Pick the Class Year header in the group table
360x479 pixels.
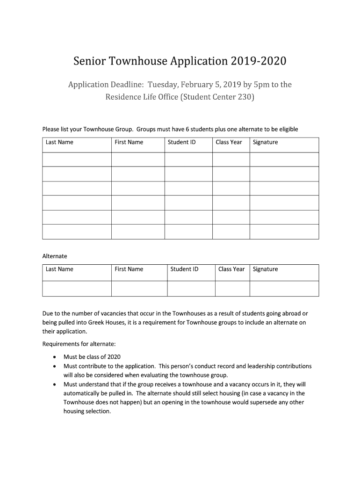point(229,142)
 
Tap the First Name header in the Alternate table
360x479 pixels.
point(129,269)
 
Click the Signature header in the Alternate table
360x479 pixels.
point(265,269)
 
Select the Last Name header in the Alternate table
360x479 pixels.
point(59,269)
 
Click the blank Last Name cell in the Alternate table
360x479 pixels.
point(77,288)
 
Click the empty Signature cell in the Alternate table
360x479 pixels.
point(284,288)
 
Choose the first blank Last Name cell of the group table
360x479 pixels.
point(77,160)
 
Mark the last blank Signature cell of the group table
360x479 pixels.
point(284,232)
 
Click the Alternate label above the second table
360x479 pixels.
point(55,256)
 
